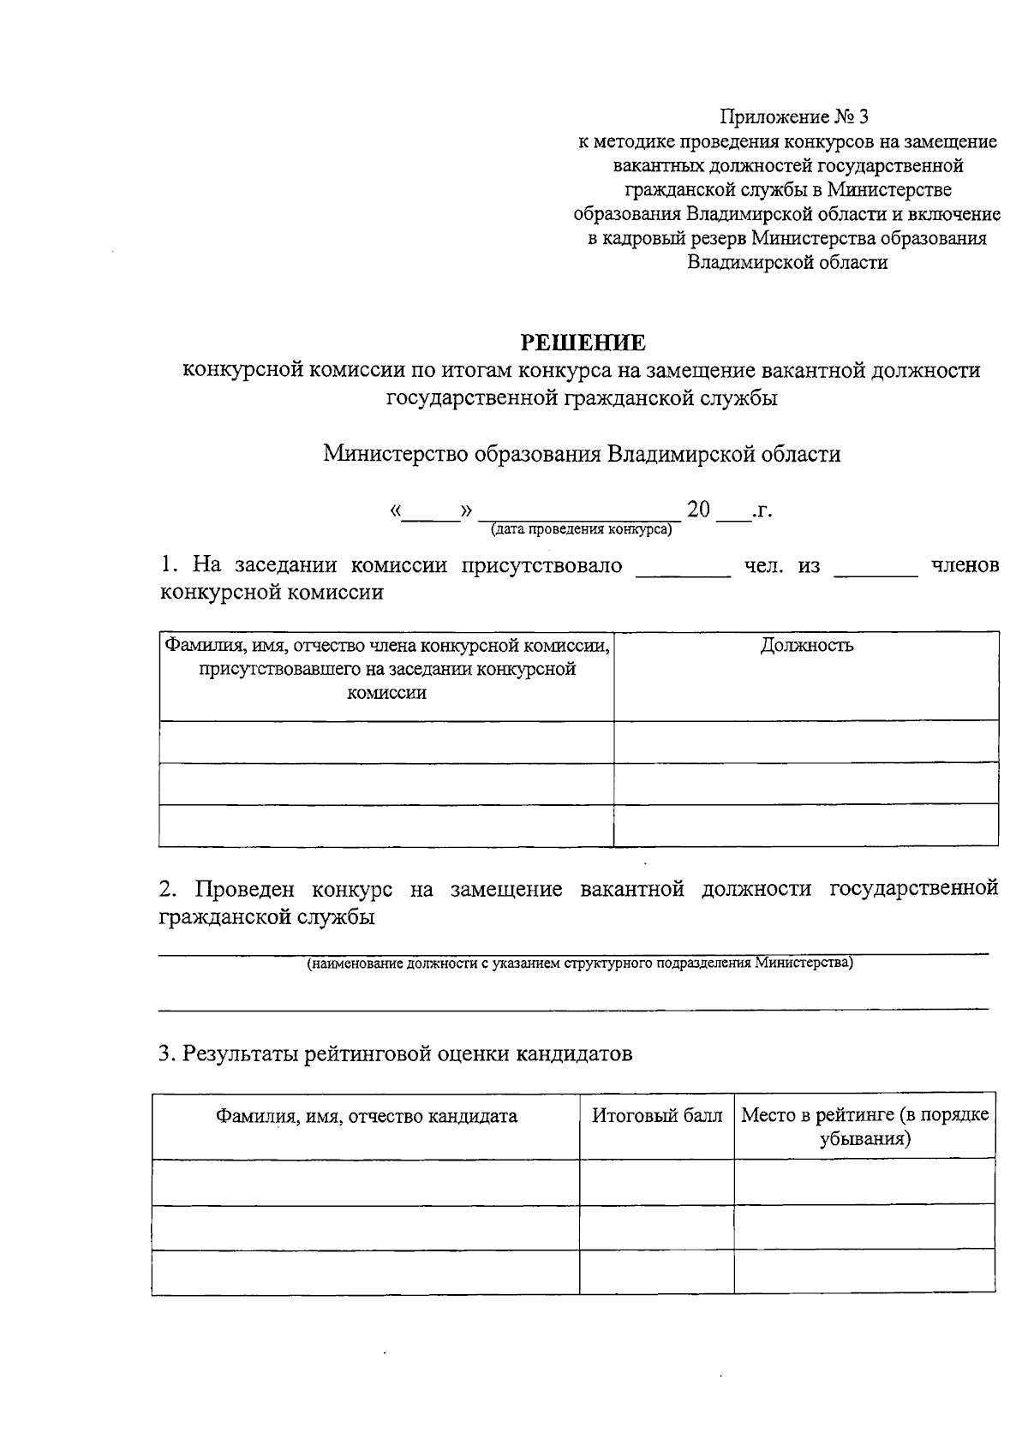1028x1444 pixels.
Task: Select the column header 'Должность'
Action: point(806,646)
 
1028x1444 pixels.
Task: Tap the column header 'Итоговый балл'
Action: point(657,1116)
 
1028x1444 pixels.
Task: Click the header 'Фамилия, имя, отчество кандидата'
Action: point(366,1116)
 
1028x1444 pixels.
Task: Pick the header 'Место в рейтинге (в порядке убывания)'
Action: point(864,1127)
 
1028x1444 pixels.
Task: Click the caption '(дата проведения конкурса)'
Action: point(581,529)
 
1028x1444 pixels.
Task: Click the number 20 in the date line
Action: point(698,511)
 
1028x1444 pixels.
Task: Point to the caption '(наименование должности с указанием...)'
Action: point(580,964)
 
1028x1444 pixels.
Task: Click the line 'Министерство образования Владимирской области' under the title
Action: point(582,454)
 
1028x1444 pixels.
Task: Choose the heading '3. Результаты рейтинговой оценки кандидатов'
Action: point(396,1054)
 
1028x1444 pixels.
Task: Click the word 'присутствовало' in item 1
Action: point(542,566)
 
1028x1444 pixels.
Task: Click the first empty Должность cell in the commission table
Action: point(806,741)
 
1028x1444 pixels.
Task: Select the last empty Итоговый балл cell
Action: point(656,1272)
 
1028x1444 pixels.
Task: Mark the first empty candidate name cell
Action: point(366,1183)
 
